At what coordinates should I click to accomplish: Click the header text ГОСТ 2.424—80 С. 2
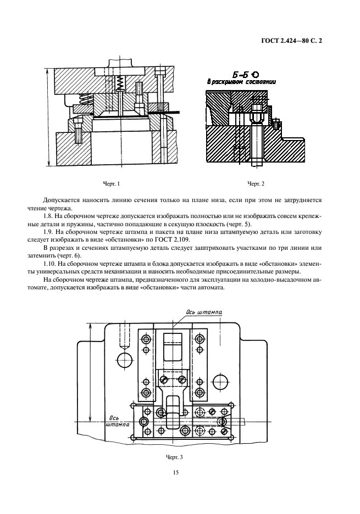pos(290,41)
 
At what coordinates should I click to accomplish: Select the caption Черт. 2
pos(256,183)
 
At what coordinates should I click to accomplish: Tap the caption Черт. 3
pos(174,456)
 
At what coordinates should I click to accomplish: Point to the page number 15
pos(176,472)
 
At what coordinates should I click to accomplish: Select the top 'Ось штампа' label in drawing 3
pos(204,312)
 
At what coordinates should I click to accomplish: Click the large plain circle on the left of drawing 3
pos(125,360)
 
